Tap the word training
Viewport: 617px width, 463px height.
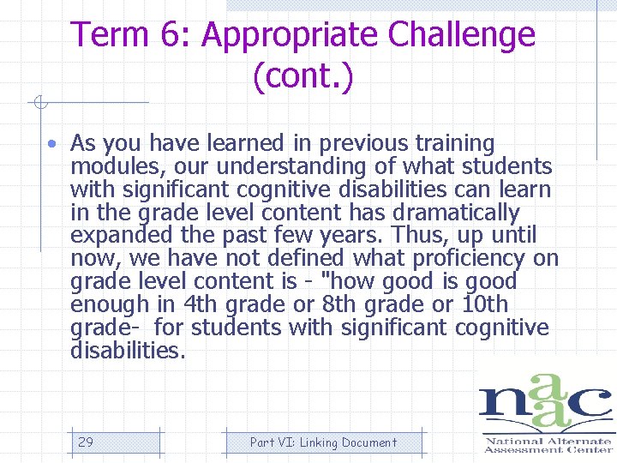coord(455,143)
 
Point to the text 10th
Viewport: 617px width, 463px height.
coord(484,304)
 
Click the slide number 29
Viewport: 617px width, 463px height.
coord(86,442)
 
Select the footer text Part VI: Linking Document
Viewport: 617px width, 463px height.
coord(323,442)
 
